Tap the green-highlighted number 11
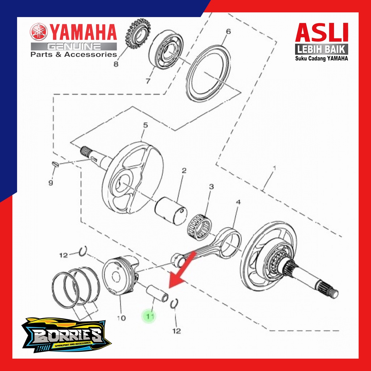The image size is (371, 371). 149,316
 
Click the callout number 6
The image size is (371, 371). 228,32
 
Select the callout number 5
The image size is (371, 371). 145,125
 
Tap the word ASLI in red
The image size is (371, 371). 322,33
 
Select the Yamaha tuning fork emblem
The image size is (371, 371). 39,33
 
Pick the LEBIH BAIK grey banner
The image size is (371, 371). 322,49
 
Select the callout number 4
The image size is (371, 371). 238,202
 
